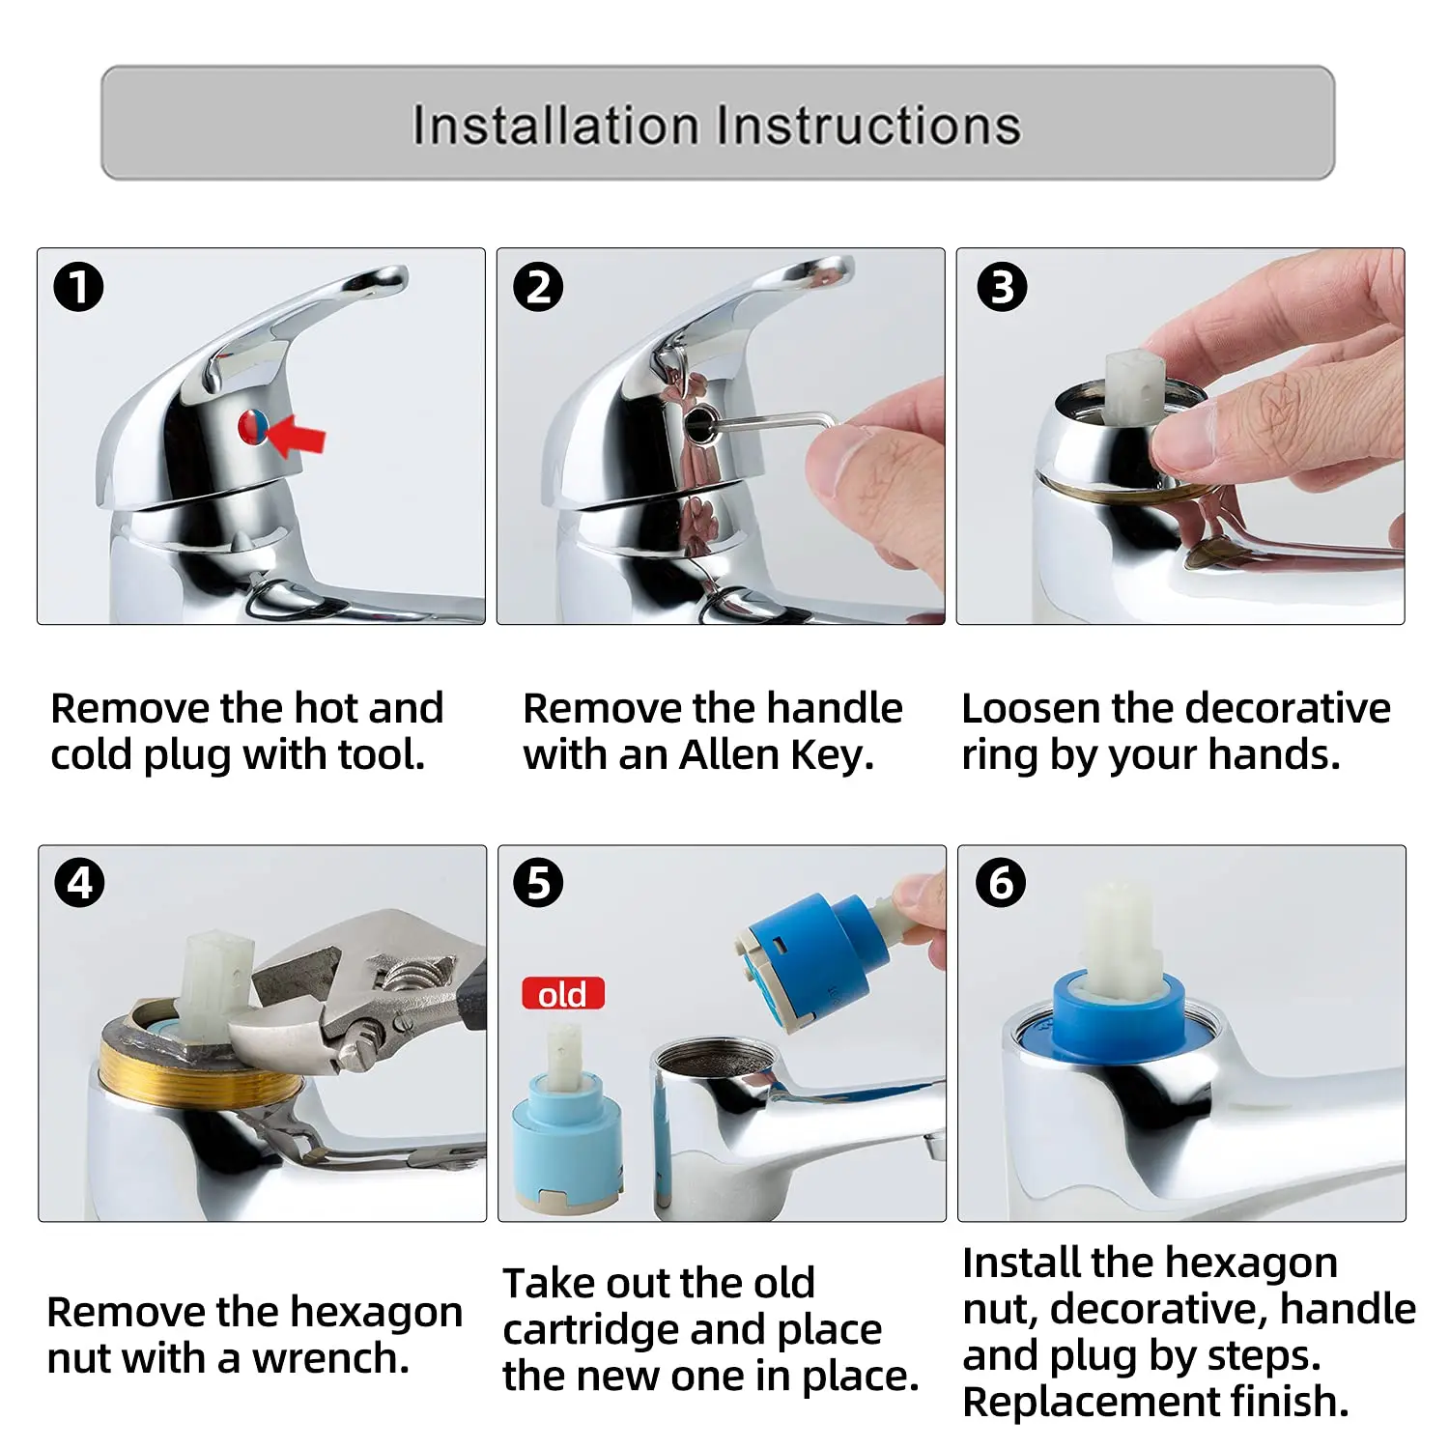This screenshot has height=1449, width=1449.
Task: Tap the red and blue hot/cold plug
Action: (x=253, y=427)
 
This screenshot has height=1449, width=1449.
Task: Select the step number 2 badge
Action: (x=538, y=287)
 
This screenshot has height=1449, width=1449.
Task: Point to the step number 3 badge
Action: (x=1001, y=287)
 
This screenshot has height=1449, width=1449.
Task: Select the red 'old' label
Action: (x=562, y=994)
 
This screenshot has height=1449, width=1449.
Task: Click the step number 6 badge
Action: (x=1001, y=882)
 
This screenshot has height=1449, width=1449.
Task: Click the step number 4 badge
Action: (x=79, y=882)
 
